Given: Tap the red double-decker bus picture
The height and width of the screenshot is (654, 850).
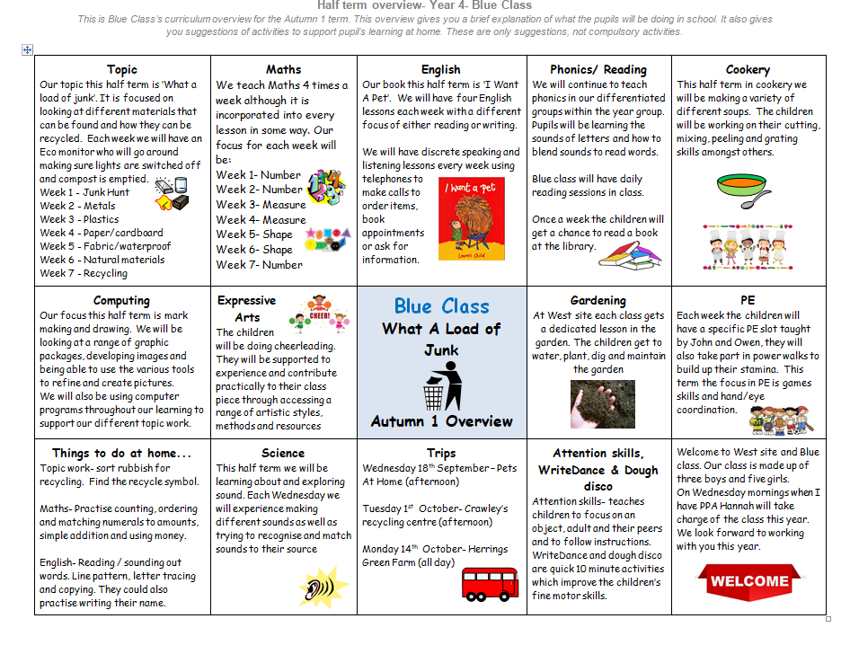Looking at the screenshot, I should pos(490,583).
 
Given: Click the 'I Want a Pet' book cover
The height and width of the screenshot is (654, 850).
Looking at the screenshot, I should pos(471,220).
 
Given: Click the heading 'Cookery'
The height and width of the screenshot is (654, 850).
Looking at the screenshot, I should pos(748,69).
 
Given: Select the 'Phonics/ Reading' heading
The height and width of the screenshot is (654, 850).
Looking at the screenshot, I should pos(598,69).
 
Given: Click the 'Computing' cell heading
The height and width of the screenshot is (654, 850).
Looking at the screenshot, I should pos(122,301).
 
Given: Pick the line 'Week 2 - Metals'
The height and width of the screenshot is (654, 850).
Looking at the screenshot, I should pos(78,206).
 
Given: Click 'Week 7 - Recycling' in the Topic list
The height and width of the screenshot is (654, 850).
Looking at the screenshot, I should pos(84,273).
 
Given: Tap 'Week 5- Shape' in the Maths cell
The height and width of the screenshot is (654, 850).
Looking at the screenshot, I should pos(254,234).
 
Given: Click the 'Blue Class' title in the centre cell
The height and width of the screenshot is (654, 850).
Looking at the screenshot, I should pos(441,305).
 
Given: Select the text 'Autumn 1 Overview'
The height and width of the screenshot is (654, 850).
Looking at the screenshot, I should pos(441,421).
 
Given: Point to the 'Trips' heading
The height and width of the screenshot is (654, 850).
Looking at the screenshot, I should pos(441,453).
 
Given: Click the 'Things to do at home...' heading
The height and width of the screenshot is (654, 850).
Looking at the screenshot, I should pos(122,453).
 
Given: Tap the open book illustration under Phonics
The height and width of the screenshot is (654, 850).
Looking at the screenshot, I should pos(628,252).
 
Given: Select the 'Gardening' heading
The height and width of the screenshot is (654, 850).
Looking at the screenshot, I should pos(598,301).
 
